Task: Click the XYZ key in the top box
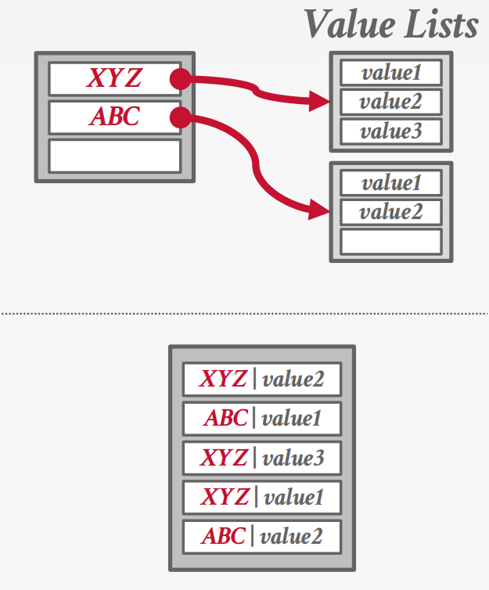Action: pos(114,78)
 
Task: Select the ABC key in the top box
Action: pos(114,117)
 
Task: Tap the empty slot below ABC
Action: pos(114,155)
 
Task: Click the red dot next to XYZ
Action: pos(180,78)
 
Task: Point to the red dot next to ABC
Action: pos(180,117)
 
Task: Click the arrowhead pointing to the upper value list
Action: pos(319,100)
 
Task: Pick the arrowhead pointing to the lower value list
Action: pos(319,209)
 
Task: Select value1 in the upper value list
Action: pos(390,74)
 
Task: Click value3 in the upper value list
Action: pos(390,131)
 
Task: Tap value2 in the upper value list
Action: pos(390,102)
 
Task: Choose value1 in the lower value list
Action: pos(390,183)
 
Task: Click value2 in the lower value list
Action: pos(390,211)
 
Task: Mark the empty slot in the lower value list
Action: pos(390,240)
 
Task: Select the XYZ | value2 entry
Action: pos(262,380)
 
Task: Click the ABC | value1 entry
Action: pos(262,419)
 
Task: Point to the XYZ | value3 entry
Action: pos(262,458)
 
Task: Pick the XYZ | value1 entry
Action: pos(262,497)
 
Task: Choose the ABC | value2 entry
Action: pos(262,536)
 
